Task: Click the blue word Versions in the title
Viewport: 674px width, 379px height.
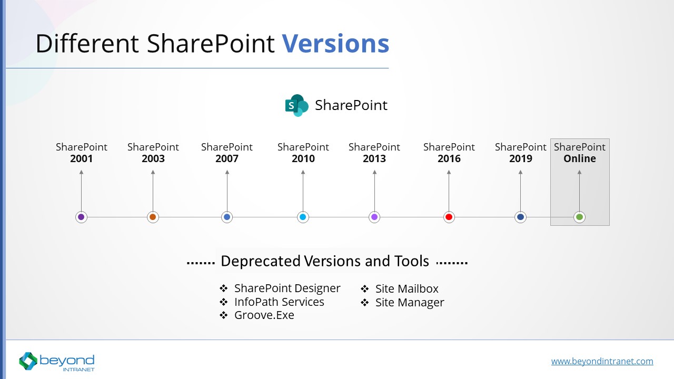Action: coord(335,44)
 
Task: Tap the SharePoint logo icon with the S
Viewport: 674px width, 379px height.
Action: coord(296,105)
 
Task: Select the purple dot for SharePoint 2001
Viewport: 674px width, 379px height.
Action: coord(81,217)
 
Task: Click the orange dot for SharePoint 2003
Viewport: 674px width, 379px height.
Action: coord(153,217)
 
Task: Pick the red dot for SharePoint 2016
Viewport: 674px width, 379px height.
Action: coord(449,217)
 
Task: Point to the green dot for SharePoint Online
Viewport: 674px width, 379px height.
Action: coord(579,217)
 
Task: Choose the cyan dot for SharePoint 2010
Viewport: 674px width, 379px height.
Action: coord(303,217)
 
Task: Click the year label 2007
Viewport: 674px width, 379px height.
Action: coord(227,158)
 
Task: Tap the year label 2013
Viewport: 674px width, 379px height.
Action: coord(374,158)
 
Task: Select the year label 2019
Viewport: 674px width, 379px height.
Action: coord(521,158)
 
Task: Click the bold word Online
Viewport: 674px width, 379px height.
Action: coord(580,158)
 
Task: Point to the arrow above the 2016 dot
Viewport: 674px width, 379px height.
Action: coord(449,189)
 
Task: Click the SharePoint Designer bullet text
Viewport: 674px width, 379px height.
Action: coord(287,288)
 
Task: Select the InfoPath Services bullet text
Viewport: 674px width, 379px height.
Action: coord(279,302)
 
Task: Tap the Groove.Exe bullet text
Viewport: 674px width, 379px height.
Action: coord(264,315)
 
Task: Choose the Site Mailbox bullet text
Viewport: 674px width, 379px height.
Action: coord(407,289)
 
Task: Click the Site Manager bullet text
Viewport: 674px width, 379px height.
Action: coord(410,303)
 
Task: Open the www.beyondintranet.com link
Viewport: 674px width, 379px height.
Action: coord(602,361)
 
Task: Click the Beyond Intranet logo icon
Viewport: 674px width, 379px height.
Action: coord(28,361)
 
